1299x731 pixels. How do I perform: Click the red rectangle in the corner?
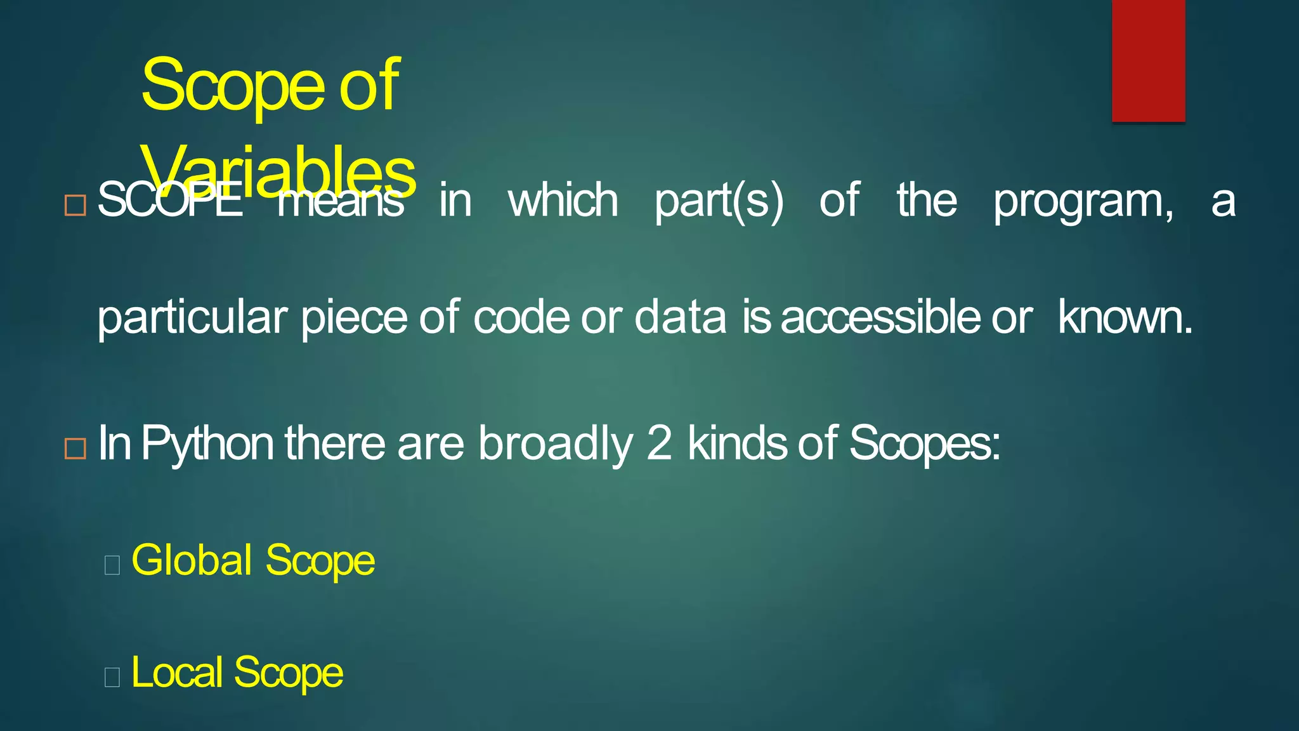coord(1148,60)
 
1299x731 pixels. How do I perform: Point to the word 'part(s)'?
coord(719,202)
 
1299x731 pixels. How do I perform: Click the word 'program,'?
coord(1083,202)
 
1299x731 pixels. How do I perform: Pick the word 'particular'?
coord(192,318)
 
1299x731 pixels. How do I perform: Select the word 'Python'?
coord(207,444)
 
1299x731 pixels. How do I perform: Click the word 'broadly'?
coord(555,444)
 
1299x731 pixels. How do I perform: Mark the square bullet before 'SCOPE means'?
coord(75,205)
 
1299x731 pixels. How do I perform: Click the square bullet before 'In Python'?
coord(75,448)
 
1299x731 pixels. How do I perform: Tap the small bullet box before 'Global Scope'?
coord(112,564)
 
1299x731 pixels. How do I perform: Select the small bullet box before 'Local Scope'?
coord(112,676)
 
